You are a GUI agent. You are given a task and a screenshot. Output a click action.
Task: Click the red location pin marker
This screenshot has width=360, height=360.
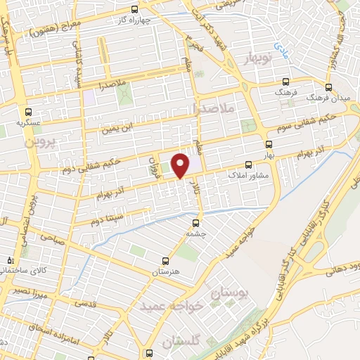181,165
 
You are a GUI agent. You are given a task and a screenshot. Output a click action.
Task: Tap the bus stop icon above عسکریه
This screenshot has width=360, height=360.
27,111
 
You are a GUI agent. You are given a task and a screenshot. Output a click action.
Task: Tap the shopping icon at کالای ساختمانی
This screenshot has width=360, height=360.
8,259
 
